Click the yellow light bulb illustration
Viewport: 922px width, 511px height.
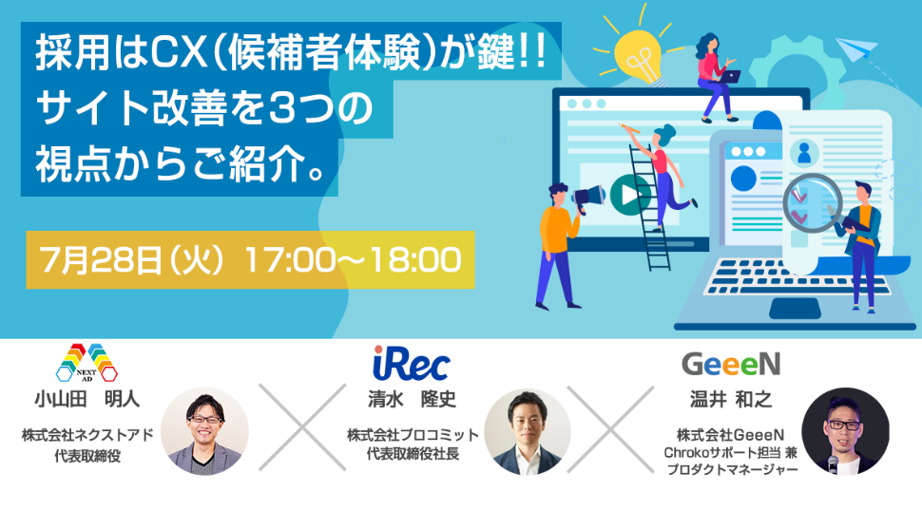click(639, 56)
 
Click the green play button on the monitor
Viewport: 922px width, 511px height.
click(630, 195)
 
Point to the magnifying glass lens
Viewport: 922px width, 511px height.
click(812, 202)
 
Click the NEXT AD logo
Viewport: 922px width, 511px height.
click(86, 363)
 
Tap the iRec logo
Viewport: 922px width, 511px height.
click(411, 363)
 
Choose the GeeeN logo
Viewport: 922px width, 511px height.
click(731, 364)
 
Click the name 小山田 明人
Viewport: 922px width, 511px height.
click(87, 400)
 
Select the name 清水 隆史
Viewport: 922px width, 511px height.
click(412, 400)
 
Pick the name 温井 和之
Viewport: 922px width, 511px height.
click(731, 400)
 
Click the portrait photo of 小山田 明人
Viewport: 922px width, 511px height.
click(204, 431)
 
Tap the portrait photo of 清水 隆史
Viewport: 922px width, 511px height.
click(528, 431)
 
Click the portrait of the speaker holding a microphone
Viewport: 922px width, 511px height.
click(846, 431)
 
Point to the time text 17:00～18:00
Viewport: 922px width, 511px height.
click(354, 260)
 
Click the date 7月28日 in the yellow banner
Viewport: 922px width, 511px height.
click(100, 260)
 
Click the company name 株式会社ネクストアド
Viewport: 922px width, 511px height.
click(87, 435)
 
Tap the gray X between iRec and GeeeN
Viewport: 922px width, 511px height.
click(610, 429)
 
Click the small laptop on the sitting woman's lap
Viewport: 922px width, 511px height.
click(729, 76)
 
